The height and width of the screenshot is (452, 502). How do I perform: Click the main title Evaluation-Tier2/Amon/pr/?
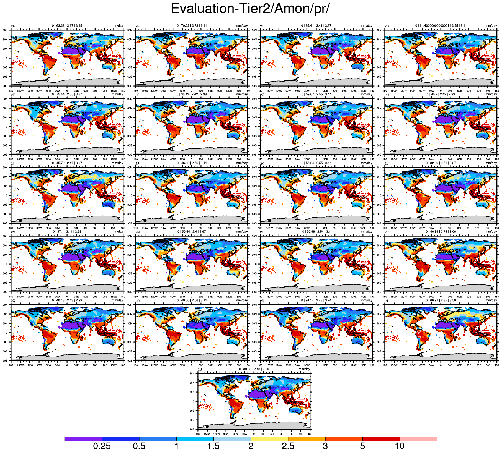pyautogui.click(x=250, y=9)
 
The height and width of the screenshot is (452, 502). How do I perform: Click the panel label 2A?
pyautogui.click(x=13, y=26)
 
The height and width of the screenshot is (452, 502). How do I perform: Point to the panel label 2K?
pyautogui.click(x=262, y=164)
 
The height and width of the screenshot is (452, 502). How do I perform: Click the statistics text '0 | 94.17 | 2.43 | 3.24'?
pyautogui.click(x=316, y=300)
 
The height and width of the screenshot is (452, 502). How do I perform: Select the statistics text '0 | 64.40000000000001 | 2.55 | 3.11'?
pyautogui.click(x=441, y=26)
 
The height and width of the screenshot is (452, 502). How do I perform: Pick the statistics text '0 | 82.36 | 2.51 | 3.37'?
pyautogui.click(x=441, y=163)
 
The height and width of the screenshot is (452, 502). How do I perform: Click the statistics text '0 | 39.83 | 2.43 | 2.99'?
pyautogui.click(x=254, y=369)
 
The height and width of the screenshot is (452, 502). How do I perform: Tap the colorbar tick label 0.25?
pyautogui.click(x=102, y=446)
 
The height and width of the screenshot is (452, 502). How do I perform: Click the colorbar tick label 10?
pyautogui.click(x=400, y=446)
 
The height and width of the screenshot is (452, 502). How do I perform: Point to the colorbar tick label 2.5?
pyautogui.click(x=288, y=446)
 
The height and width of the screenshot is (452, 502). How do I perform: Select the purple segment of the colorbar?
pyautogui.click(x=83, y=439)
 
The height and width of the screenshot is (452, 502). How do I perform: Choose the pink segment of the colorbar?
pyautogui.click(x=418, y=439)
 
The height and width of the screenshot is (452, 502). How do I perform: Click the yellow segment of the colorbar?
pyautogui.click(x=269, y=439)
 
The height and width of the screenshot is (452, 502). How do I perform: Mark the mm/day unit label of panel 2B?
pyautogui.click(x=242, y=26)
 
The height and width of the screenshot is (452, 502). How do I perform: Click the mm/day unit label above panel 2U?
pyautogui.click(x=304, y=369)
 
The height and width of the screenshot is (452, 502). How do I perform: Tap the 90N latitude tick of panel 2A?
pyautogui.click(x=5, y=30)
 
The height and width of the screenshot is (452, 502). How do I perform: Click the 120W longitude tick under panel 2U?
pyautogui.click(x=217, y=434)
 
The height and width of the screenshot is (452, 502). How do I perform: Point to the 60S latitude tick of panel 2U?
pyautogui.click(x=192, y=420)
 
